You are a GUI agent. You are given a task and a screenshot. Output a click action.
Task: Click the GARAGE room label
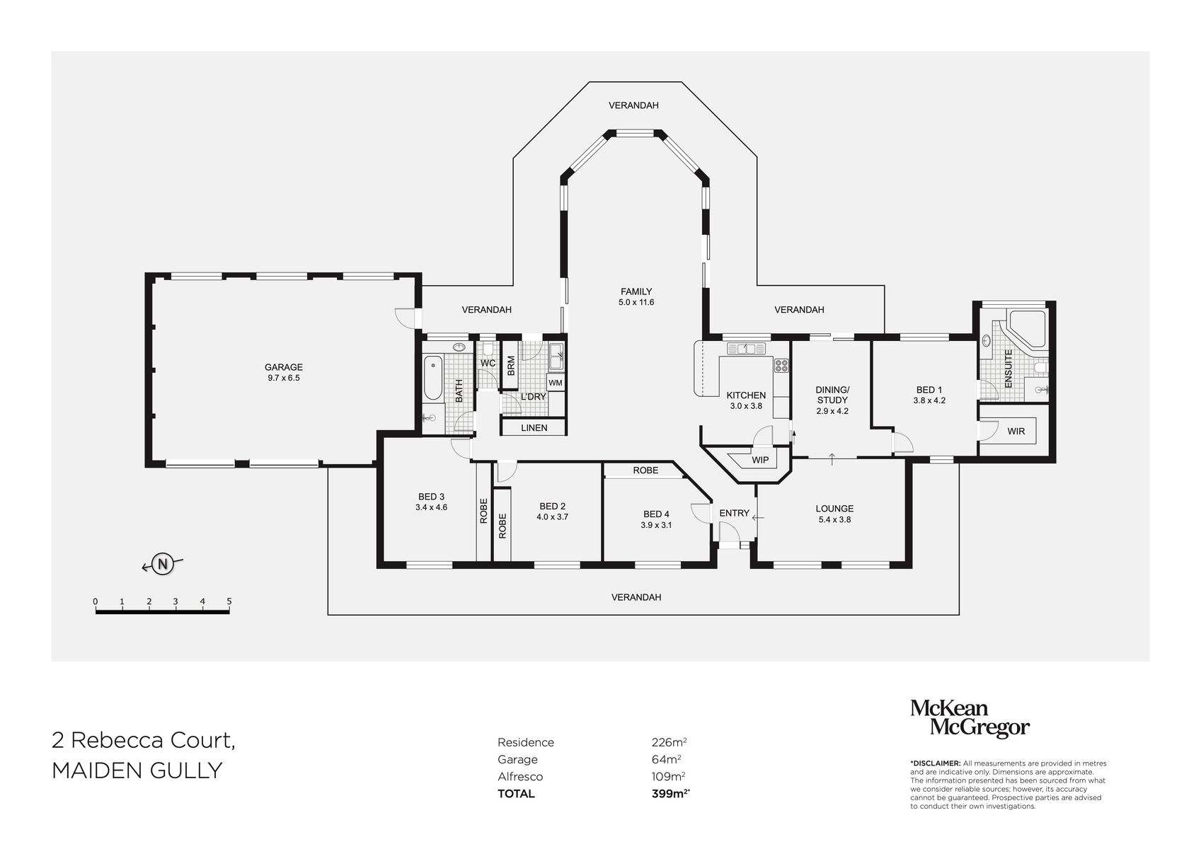coord(283,367)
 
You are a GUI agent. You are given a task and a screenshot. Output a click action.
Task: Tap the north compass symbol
coord(163,564)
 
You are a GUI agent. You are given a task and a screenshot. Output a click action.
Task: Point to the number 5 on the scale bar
coord(229,601)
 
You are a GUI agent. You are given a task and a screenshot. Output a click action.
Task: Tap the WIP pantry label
coord(760,460)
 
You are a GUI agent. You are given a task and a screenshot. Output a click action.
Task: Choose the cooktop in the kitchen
coord(782,366)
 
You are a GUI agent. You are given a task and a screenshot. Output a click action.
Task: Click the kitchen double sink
coord(746,348)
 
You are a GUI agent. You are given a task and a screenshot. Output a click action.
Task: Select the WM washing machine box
coord(556,383)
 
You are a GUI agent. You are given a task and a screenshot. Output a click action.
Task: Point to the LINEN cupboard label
coord(534,428)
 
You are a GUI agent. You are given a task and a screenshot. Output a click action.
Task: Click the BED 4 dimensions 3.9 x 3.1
coord(655,525)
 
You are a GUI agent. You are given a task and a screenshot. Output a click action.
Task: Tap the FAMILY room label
coord(636,291)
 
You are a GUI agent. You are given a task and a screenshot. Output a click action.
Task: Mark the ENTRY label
coord(734,513)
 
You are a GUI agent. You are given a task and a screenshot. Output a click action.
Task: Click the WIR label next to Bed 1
coord(1016,431)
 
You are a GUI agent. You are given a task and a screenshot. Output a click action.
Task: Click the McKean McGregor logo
coord(969,718)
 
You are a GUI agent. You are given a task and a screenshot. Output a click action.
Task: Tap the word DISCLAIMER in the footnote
coord(936,763)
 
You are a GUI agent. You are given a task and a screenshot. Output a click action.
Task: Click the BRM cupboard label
coord(511,366)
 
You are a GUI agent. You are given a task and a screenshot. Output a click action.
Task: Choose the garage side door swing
coord(406,318)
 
